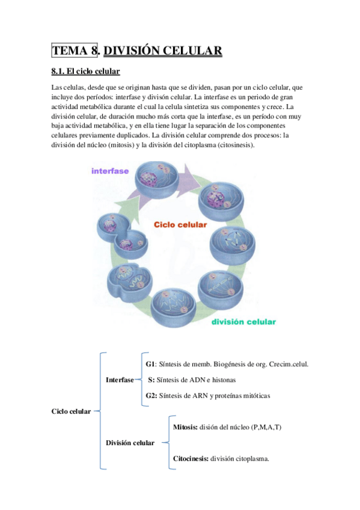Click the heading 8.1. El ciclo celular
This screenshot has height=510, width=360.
[86, 72]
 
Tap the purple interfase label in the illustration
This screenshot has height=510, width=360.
[110, 171]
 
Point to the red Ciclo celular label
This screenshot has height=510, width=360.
[180, 224]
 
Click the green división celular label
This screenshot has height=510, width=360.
[243, 321]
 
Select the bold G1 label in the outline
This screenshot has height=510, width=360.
[150, 364]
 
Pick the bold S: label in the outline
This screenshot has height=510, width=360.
[151, 380]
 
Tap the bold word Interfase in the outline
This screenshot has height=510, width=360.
[119, 380]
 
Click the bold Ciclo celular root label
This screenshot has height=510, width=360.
[72, 411]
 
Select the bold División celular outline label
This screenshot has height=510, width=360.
[130, 443]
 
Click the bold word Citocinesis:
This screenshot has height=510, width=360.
[191, 458]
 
